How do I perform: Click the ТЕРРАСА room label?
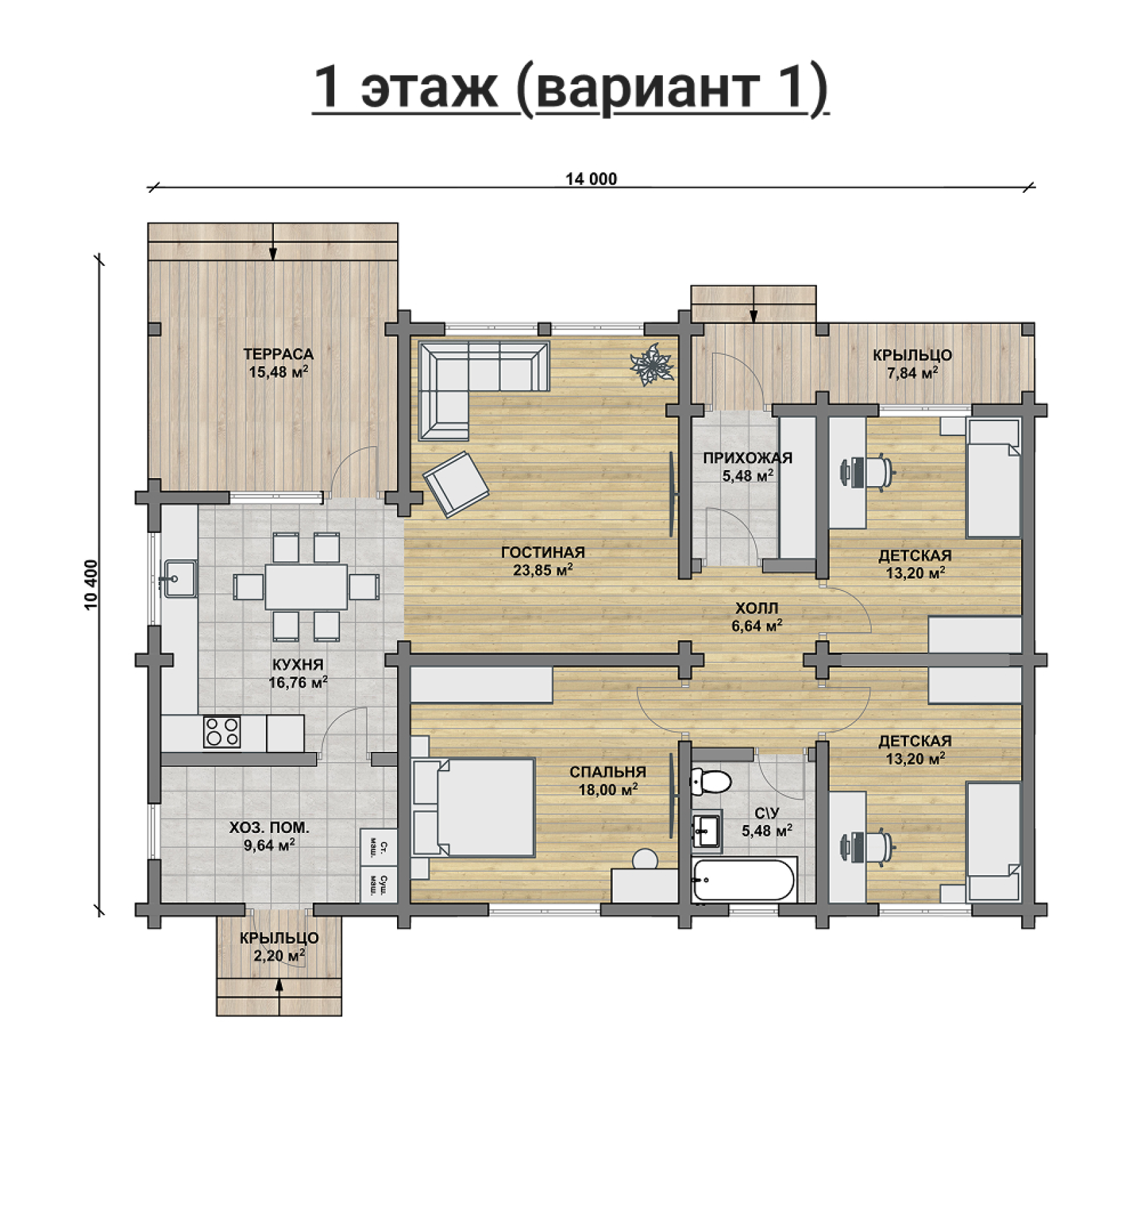click(278, 354)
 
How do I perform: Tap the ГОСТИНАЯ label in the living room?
click(543, 552)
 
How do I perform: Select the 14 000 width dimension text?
click(591, 179)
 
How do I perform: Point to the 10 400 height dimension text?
click(92, 585)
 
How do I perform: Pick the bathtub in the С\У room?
click(744, 879)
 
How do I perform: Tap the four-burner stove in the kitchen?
click(222, 731)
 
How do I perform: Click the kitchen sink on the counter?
click(179, 579)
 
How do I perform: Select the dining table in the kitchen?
click(306, 587)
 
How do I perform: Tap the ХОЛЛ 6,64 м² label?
click(757, 617)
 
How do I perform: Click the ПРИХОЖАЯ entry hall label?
click(747, 458)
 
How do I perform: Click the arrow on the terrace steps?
click(273, 242)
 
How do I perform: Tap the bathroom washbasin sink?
click(707, 830)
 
